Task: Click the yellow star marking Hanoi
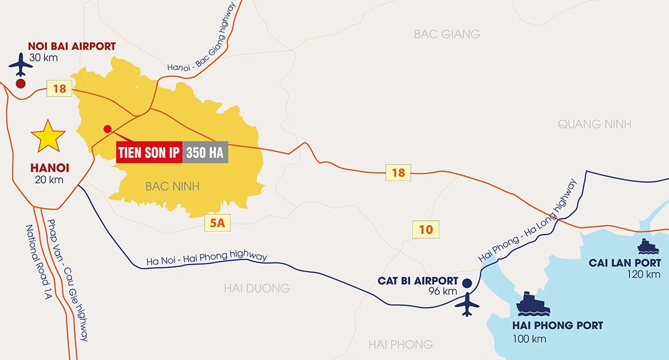click(48, 135)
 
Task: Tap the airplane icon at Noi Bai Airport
click(21, 65)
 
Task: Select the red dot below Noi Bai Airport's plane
click(21, 84)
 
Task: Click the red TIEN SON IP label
click(149, 152)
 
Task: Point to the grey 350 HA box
click(205, 152)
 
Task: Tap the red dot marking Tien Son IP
click(108, 129)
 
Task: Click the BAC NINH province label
click(172, 186)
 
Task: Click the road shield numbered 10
click(426, 229)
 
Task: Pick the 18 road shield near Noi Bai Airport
click(59, 88)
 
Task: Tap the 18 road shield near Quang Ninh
click(398, 172)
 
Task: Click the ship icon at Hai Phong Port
click(532, 304)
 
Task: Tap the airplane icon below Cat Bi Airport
click(467, 305)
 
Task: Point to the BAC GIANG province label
click(447, 34)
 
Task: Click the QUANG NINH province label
click(595, 124)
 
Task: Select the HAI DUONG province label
click(256, 288)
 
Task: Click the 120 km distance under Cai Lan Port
click(643, 274)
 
